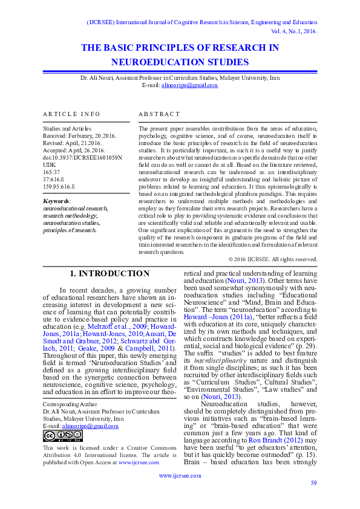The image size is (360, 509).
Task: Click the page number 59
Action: pos(313,482)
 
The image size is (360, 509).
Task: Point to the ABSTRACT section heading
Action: pos(159,114)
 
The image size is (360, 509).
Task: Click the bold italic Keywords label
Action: pos(57,201)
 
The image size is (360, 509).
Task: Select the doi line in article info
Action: pos(82,157)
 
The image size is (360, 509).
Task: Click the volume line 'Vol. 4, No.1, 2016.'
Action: pos(289,31)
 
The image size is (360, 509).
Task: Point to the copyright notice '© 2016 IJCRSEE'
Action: pos(273,259)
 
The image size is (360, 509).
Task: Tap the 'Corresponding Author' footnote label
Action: pos(70,403)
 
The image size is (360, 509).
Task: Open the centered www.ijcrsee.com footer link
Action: pos(180,475)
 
